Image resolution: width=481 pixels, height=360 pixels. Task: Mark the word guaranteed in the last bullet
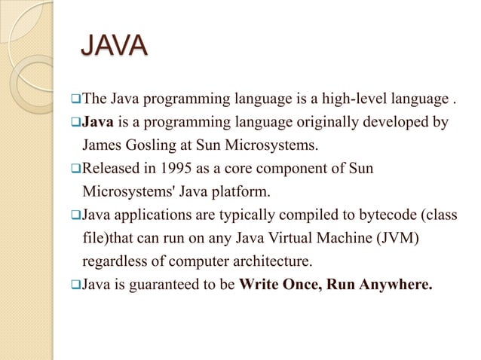click(165, 285)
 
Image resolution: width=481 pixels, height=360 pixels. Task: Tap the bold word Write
click(259, 285)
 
